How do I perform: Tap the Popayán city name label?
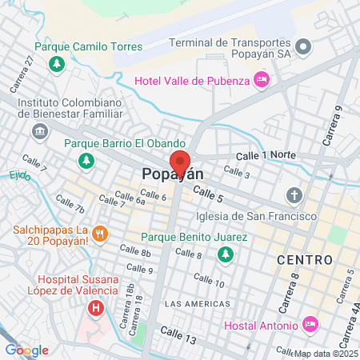point(173,174)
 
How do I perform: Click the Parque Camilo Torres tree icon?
point(56,63)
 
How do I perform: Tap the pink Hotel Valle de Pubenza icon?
point(261,79)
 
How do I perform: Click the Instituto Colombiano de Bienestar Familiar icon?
point(39,130)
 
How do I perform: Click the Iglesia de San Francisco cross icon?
point(294,196)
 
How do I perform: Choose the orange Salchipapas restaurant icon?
point(100,234)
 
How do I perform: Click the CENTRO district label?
point(304,260)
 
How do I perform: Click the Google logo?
point(26,350)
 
